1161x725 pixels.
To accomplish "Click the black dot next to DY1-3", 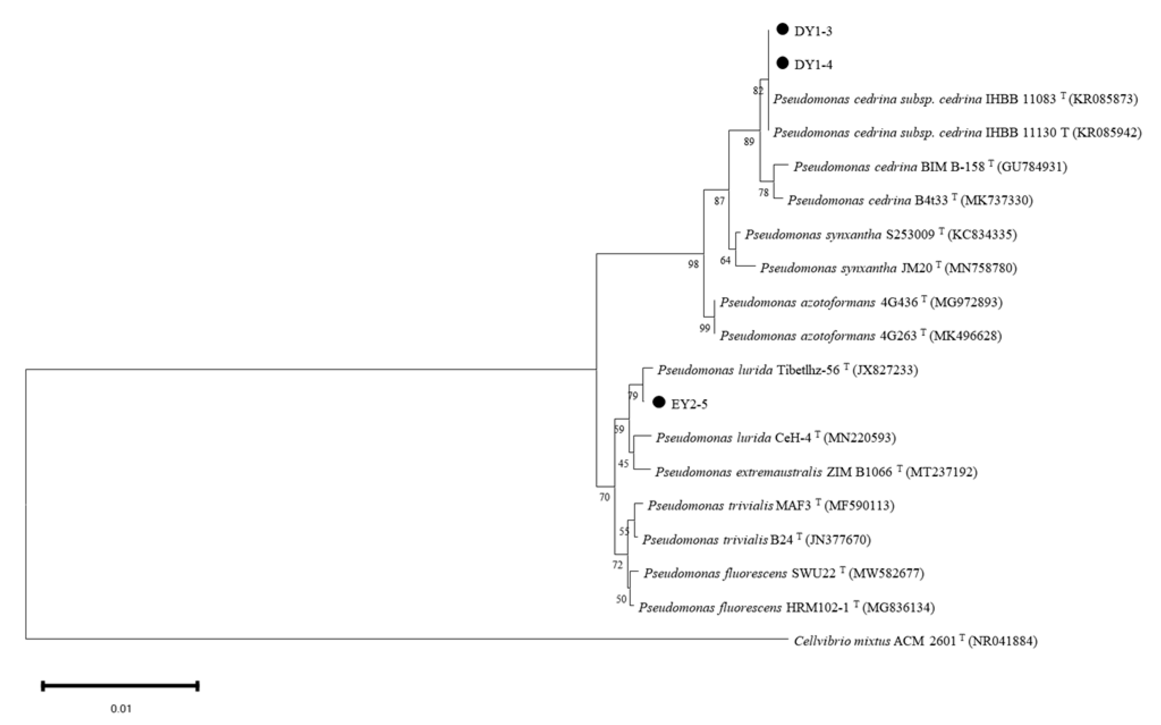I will tap(782, 29).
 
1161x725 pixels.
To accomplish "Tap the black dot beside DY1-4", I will tap(782, 63).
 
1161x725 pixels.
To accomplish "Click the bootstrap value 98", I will tap(693, 264).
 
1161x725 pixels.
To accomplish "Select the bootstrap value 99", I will tap(705, 328).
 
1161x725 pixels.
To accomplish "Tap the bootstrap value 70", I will tap(605, 498).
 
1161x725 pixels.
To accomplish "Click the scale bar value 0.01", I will tap(121, 709).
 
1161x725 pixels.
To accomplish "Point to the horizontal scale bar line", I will tap(120, 686).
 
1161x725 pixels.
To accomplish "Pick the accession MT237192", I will tap(942, 472).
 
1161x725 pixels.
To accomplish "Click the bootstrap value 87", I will tap(719, 201).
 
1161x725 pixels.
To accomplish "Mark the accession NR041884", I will tap(1003, 642).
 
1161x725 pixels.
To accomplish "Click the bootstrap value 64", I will tap(726, 260).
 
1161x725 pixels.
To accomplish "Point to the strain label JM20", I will tap(917, 268).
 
